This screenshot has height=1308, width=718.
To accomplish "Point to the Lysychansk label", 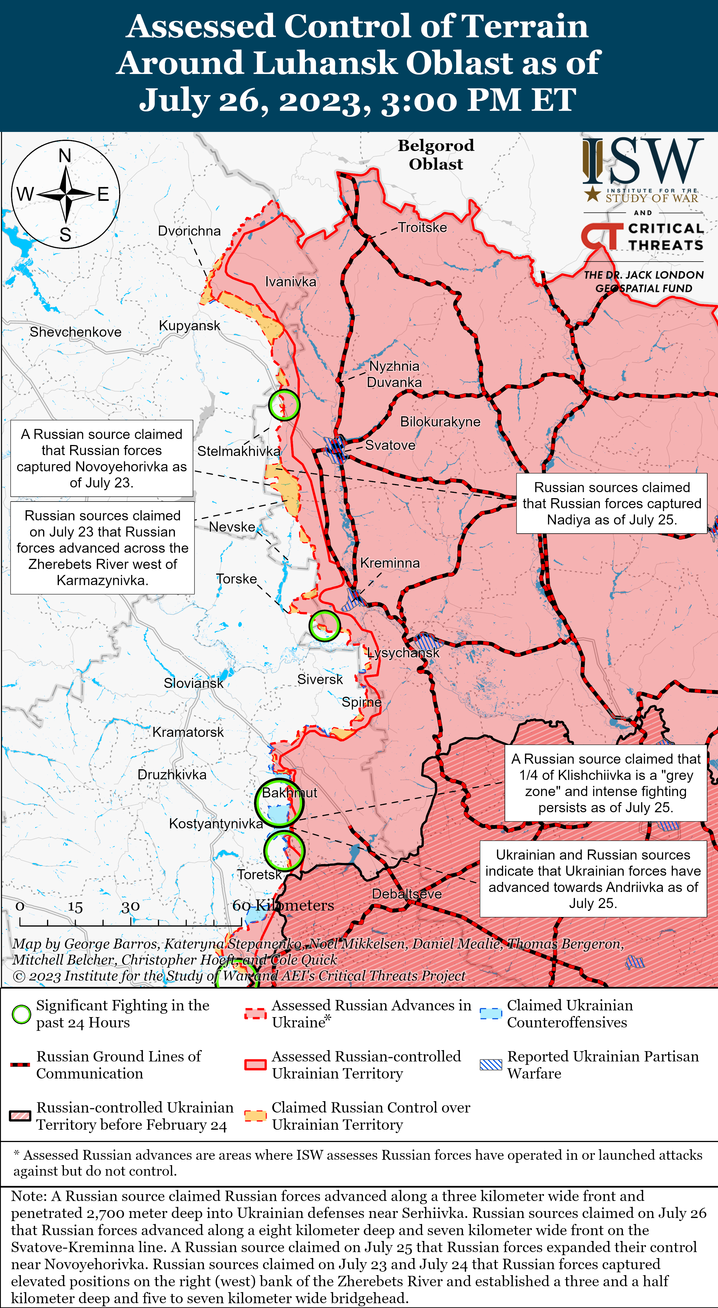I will pyautogui.click(x=403, y=653).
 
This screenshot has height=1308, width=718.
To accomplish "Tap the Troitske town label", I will pyautogui.click(x=422, y=228).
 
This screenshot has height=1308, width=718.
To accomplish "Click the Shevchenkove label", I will pyautogui.click(x=76, y=332).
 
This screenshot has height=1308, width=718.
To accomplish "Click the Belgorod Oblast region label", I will pyautogui.click(x=436, y=155).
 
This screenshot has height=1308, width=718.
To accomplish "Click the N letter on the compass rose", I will pyautogui.click(x=65, y=155).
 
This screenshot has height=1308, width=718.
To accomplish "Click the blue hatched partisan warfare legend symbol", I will pyautogui.click(x=491, y=1065).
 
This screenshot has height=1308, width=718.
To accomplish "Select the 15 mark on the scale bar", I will pyautogui.click(x=75, y=907).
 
